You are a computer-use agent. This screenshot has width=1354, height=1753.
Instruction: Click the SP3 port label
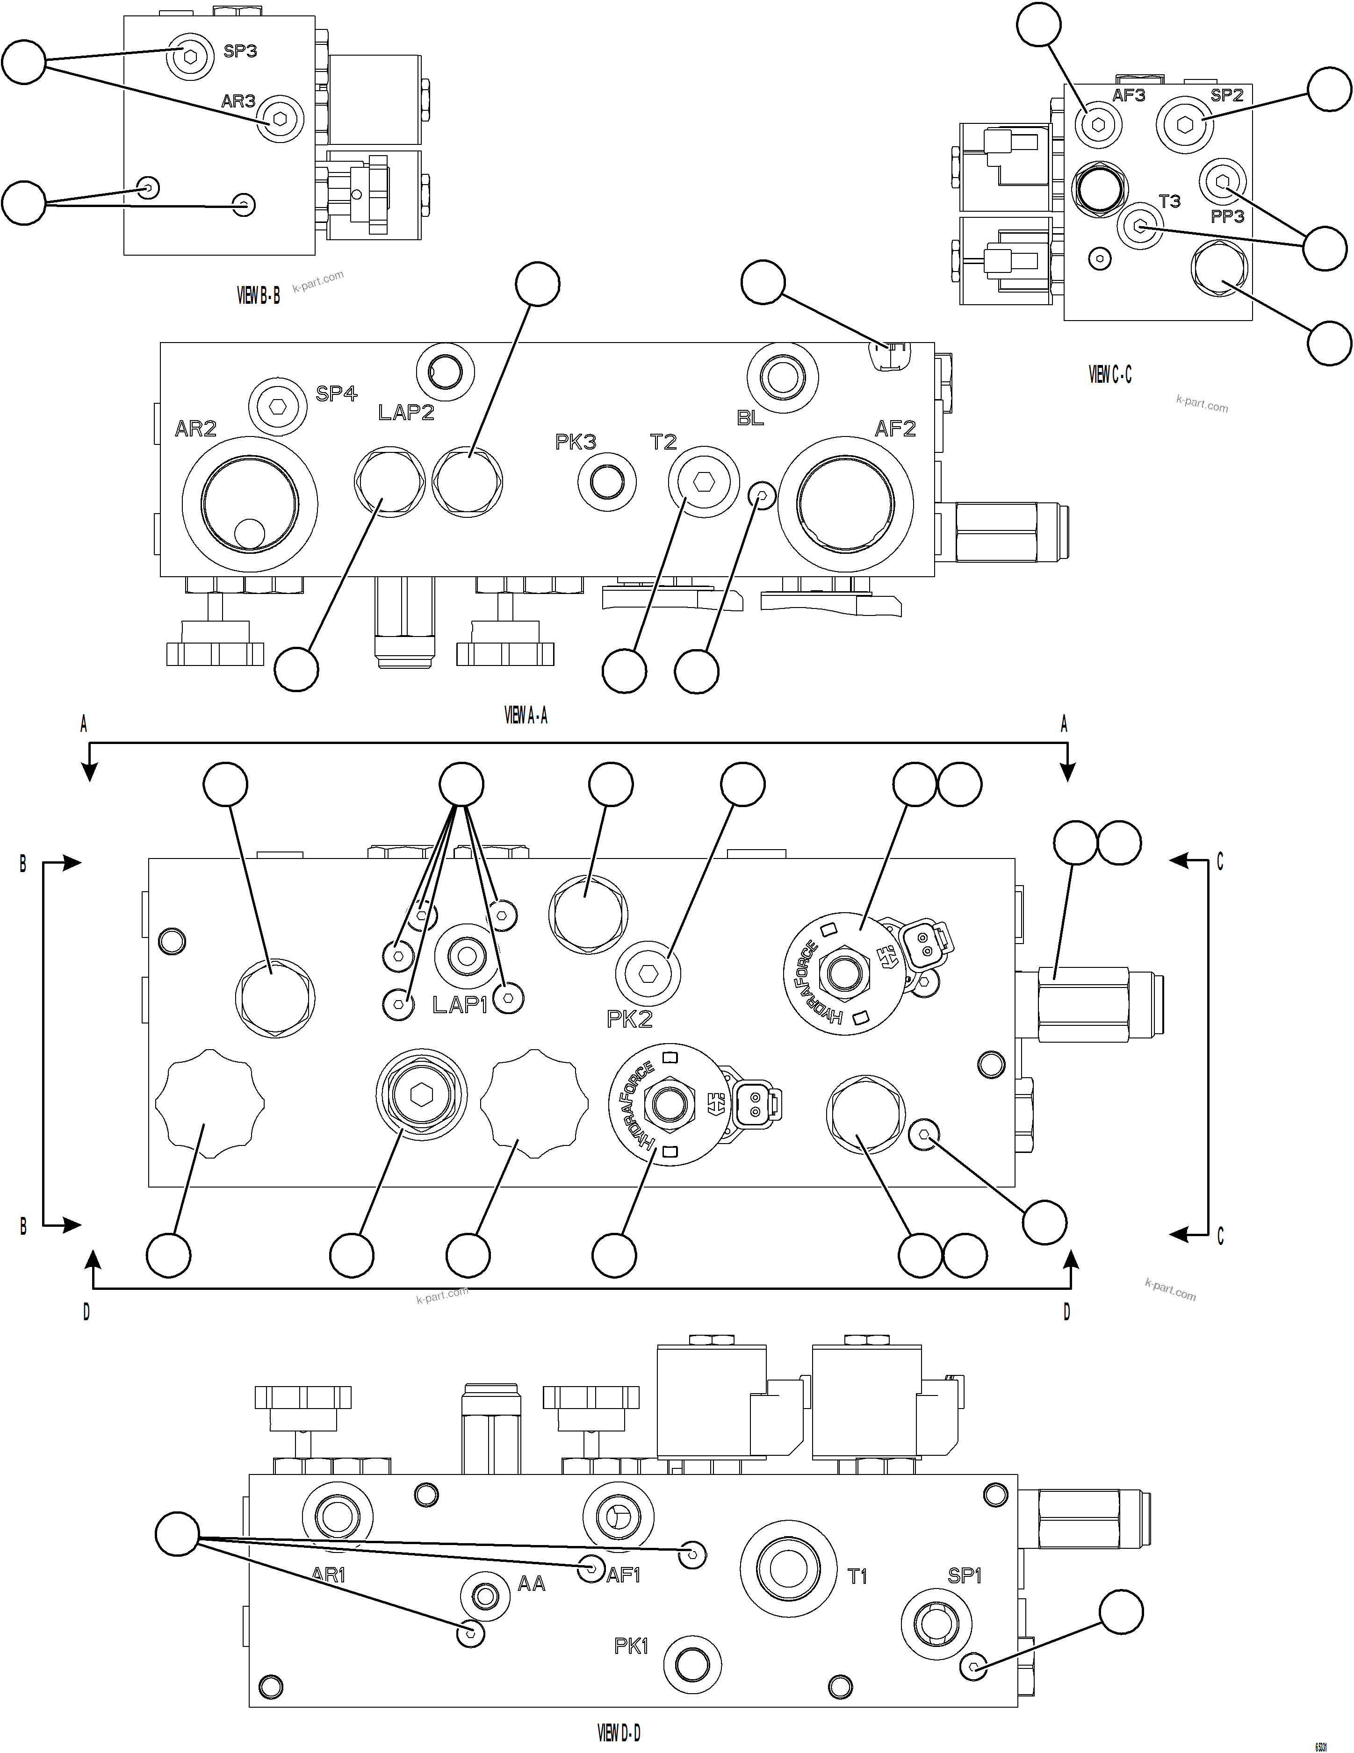tap(240, 51)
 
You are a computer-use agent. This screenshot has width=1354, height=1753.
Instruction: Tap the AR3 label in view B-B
tap(238, 101)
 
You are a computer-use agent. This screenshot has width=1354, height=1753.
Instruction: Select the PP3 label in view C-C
tap(1227, 216)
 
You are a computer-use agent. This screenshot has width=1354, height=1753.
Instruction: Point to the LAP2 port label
tap(406, 413)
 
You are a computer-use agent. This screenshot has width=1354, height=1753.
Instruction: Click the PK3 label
tap(576, 442)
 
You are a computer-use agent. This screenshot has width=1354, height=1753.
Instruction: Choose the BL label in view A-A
tap(750, 418)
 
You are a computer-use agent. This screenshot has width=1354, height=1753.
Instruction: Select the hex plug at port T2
tap(704, 481)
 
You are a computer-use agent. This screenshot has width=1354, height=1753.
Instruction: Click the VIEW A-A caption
tap(526, 716)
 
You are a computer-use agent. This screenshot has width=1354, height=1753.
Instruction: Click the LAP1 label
tap(460, 1005)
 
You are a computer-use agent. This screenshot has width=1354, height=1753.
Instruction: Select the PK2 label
tap(630, 1019)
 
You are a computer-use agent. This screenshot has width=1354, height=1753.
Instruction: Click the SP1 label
tap(965, 1575)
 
